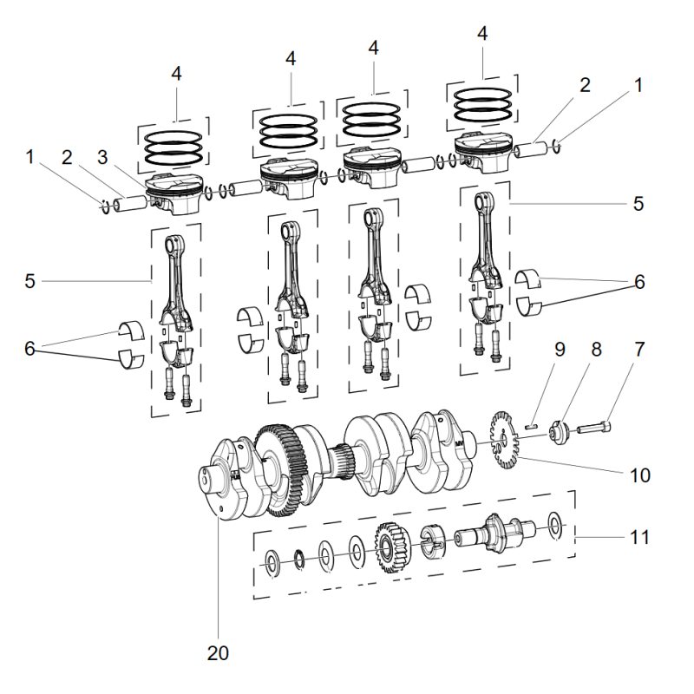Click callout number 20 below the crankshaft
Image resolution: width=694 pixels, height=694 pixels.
tap(218, 652)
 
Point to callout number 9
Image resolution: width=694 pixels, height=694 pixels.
tap(560, 350)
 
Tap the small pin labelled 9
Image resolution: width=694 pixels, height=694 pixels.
tap(535, 425)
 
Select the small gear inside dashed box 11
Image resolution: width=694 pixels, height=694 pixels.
tap(391, 545)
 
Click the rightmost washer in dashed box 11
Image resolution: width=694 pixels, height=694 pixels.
tap(553, 523)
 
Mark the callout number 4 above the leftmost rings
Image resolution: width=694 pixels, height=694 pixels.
tap(176, 74)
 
